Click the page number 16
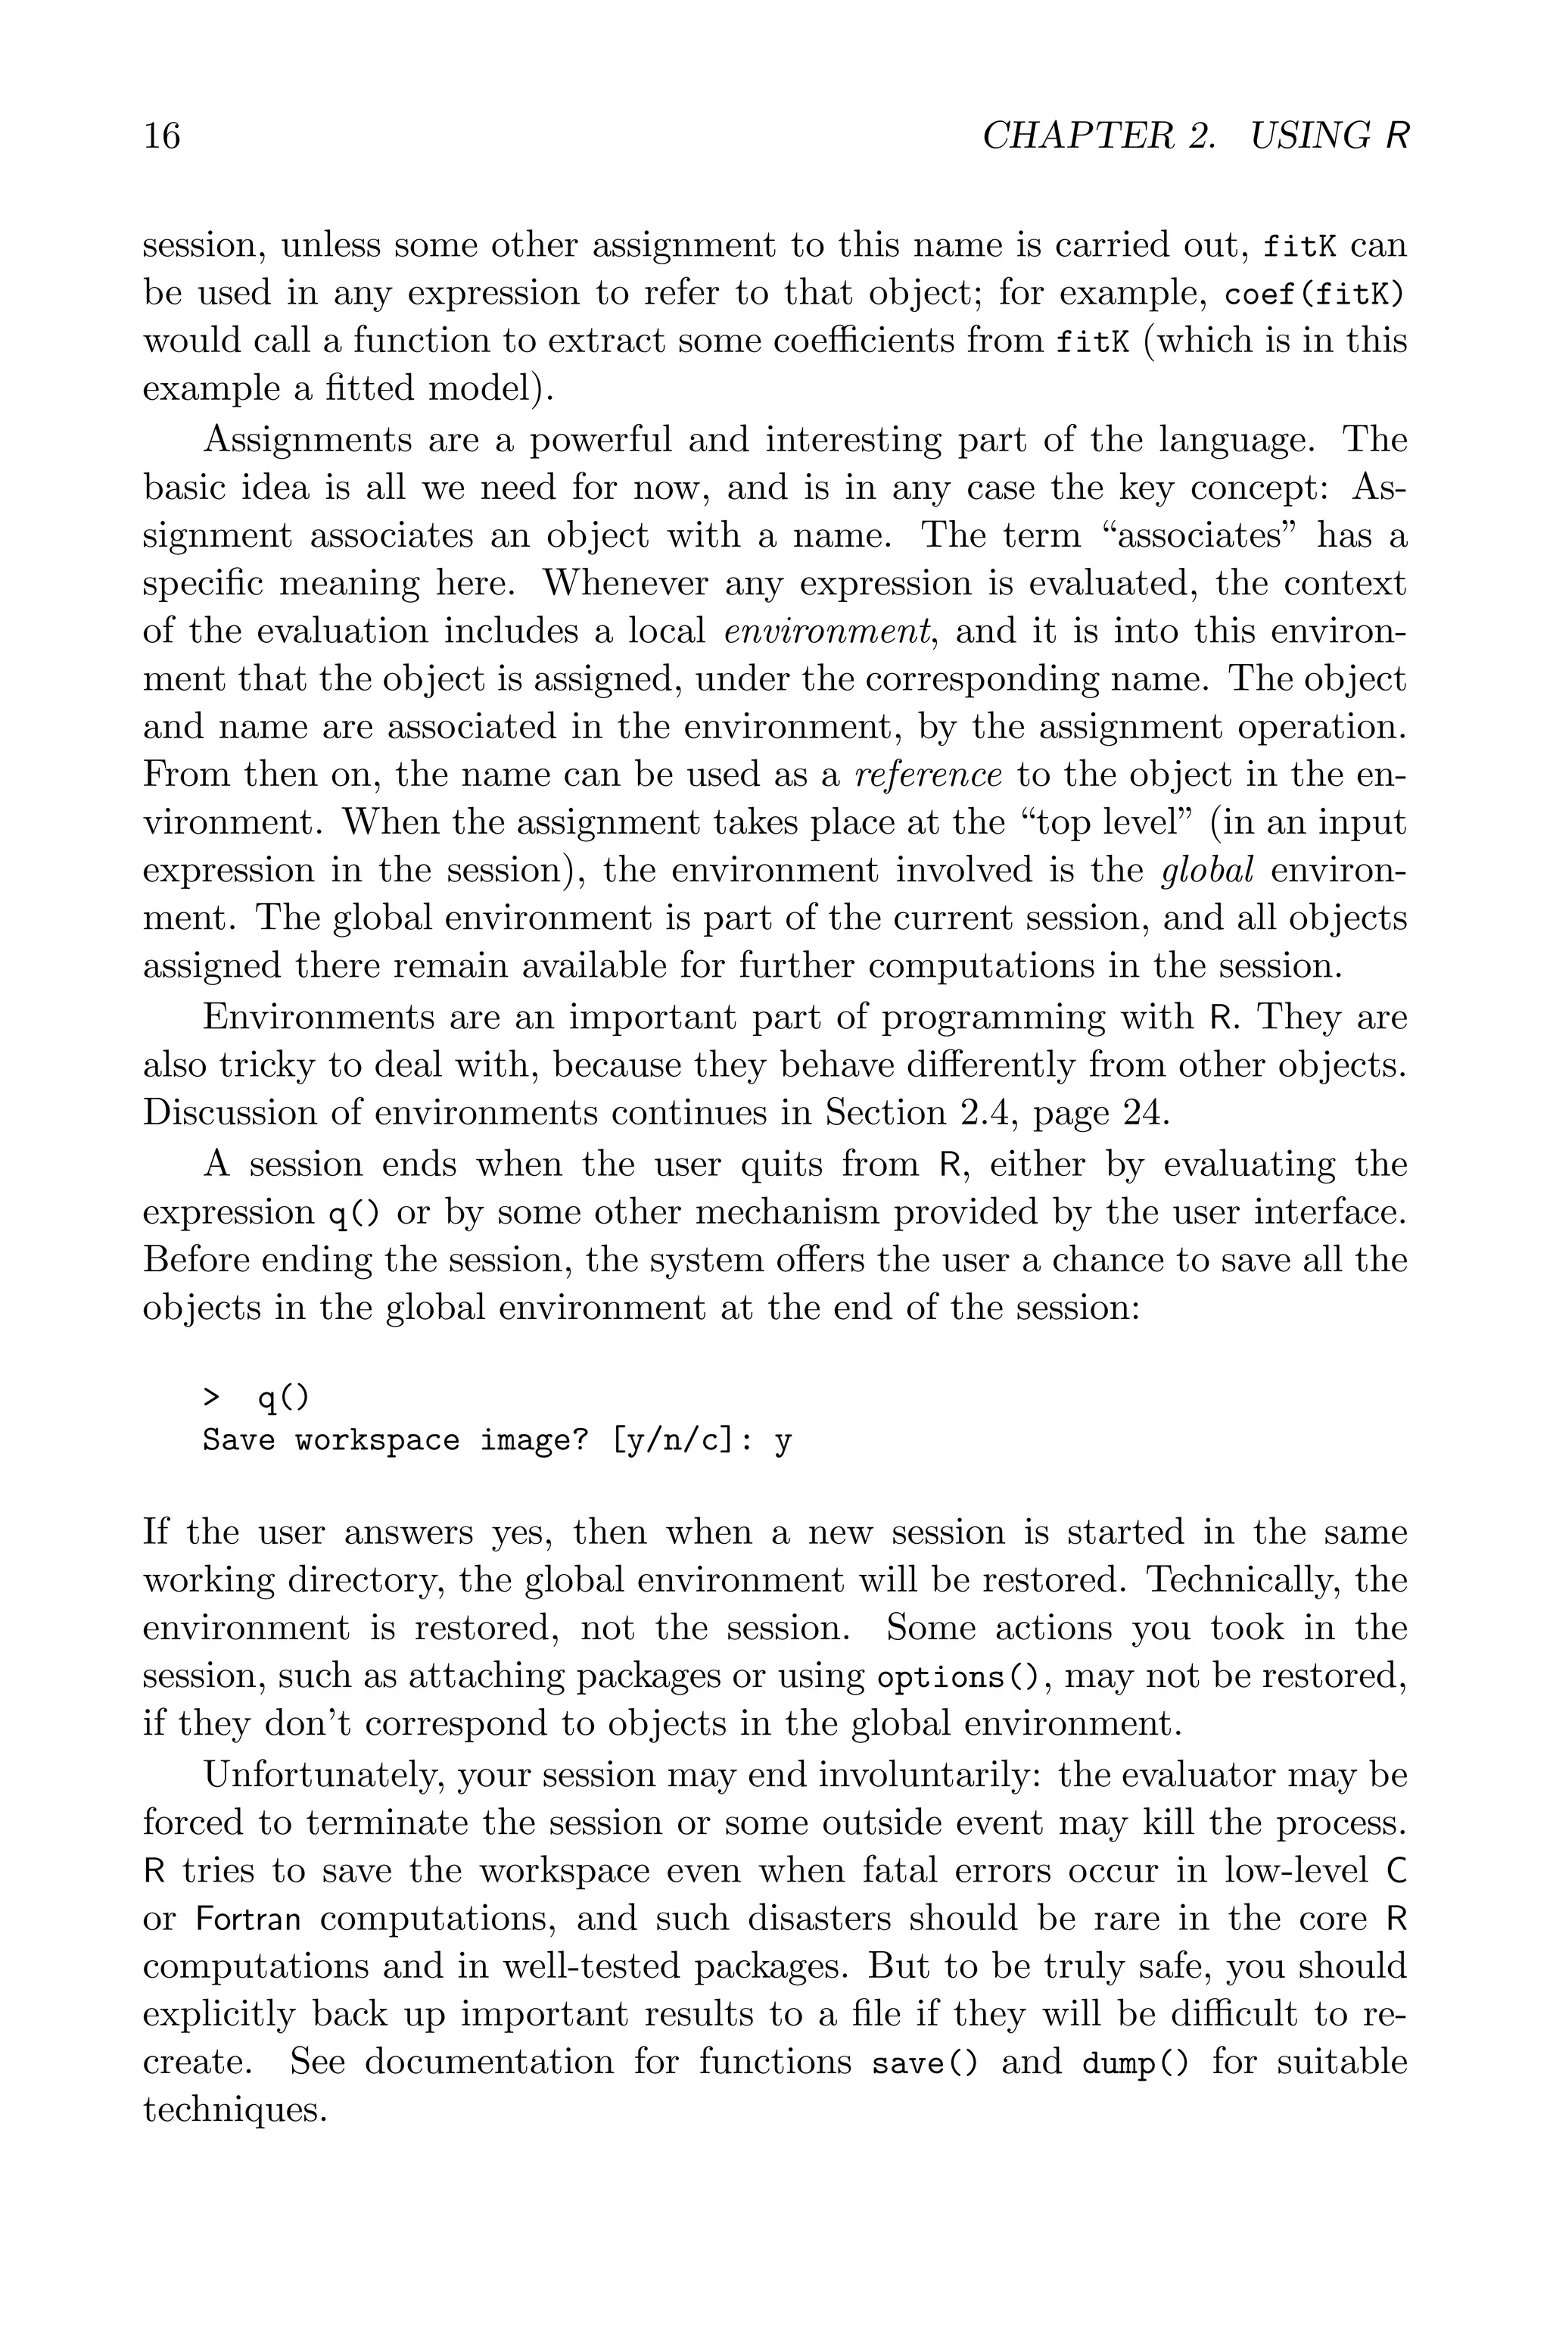pos(162,136)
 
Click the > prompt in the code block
pos(210,1398)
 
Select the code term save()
pos(924,2064)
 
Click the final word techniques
pos(235,2112)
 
